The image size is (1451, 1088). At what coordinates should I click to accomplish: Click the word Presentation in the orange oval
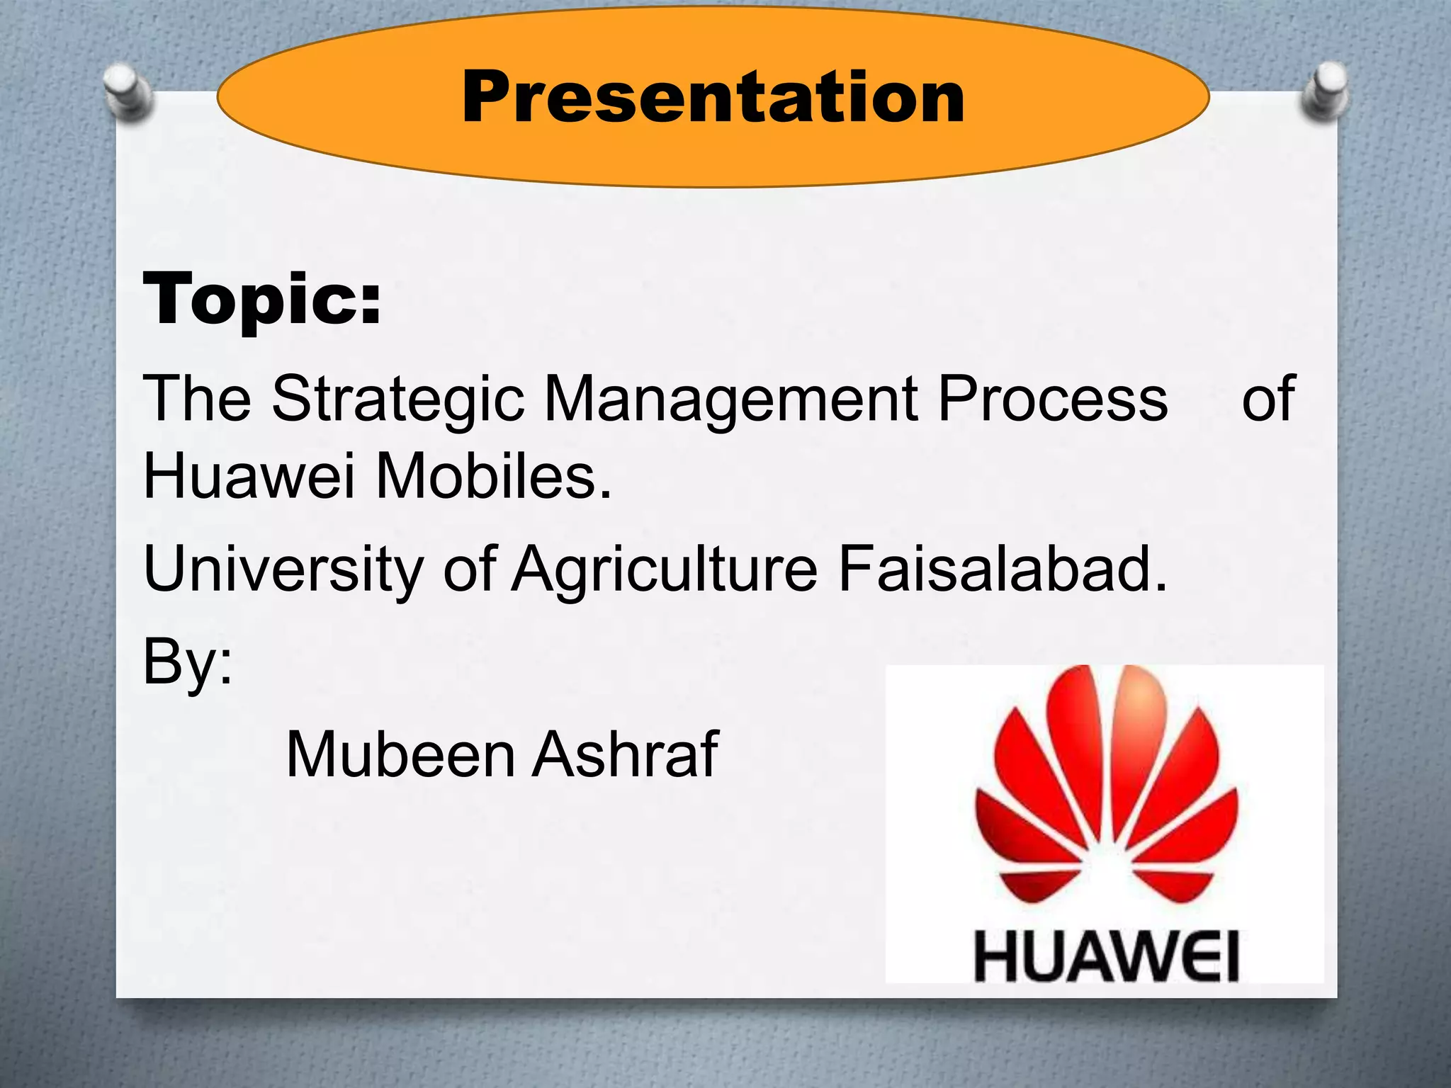(712, 98)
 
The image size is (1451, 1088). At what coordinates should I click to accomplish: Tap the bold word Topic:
(262, 300)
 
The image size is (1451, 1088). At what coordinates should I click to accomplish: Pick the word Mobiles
(493, 477)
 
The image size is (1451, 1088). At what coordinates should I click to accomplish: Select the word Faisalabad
(1002, 569)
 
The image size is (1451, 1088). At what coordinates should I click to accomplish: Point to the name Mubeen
(400, 755)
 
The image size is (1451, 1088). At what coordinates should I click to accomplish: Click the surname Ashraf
(626, 754)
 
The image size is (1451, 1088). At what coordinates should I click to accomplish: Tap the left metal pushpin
(128, 91)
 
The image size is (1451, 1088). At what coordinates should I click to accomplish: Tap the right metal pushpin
(1326, 93)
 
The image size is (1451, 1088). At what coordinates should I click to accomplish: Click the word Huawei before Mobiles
(249, 477)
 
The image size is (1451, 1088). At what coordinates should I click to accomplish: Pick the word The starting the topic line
(197, 399)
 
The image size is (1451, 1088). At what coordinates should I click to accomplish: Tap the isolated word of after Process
(1268, 399)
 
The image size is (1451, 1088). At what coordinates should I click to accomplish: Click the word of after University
(470, 569)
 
